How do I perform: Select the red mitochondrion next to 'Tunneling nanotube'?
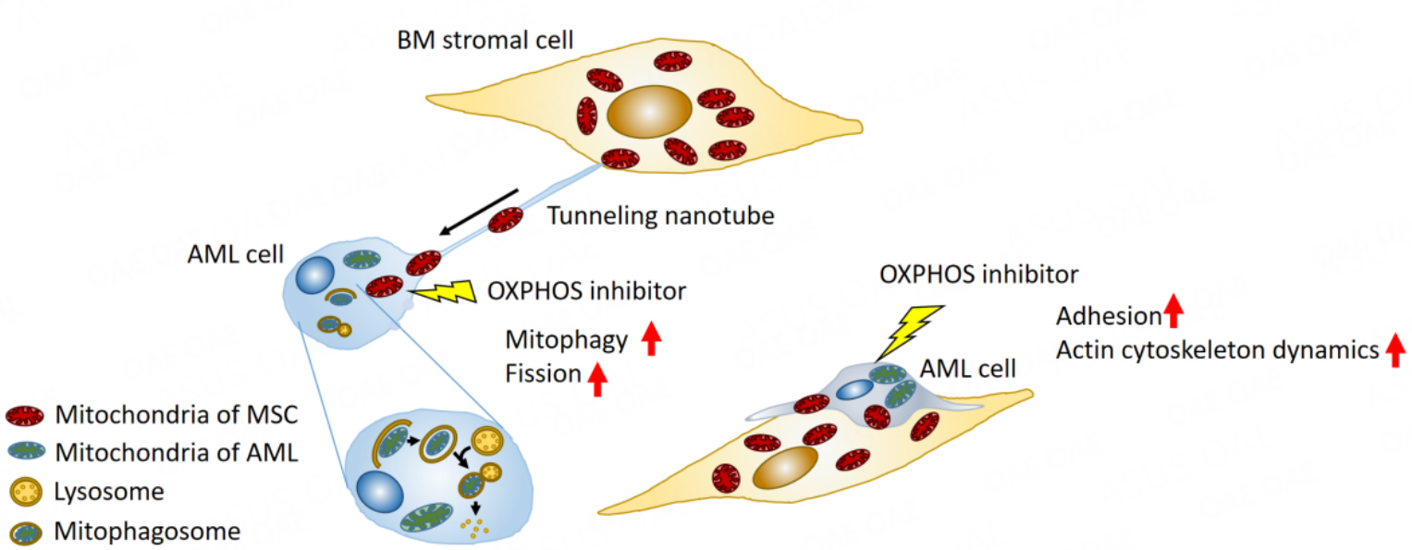(506, 220)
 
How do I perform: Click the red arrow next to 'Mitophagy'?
(651, 340)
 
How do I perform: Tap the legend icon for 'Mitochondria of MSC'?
(25, 415)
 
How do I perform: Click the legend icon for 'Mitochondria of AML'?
(25, 453)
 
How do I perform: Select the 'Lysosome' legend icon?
(25, 492)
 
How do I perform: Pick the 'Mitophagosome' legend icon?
(25, 532)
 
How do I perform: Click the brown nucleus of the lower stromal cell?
(785, 469)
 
